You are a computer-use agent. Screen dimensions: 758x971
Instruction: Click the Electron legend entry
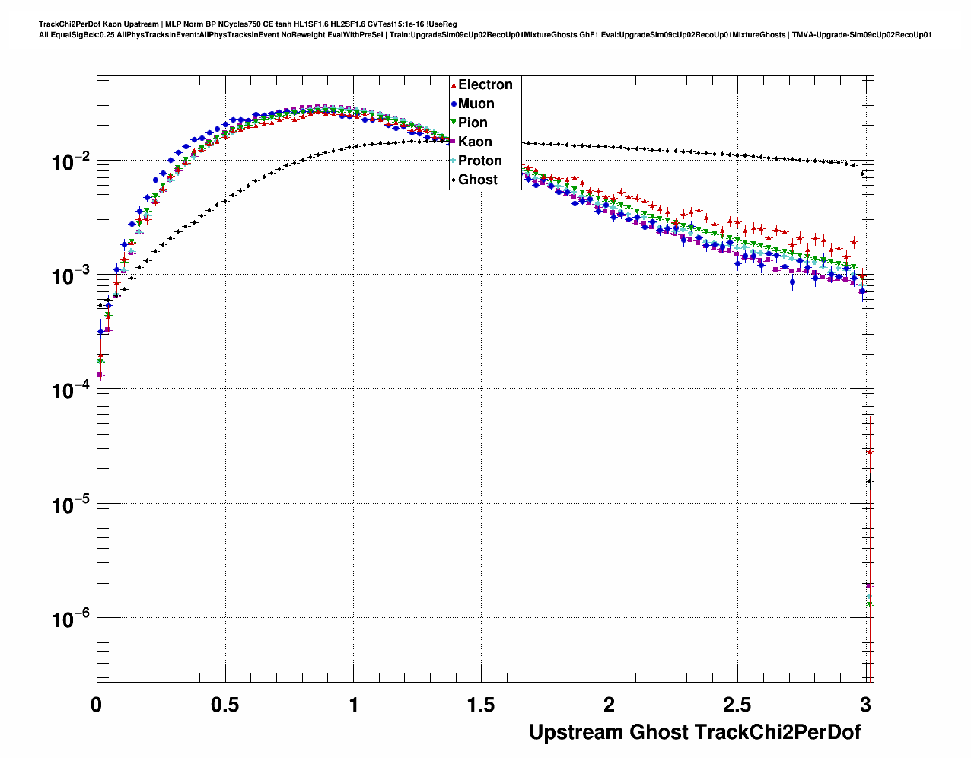tap(485, 84)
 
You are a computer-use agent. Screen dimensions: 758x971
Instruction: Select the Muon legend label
tap(476, 104)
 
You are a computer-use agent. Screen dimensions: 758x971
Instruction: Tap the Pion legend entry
tap(473, 123)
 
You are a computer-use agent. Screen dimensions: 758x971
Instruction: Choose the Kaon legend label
tap(475, 142)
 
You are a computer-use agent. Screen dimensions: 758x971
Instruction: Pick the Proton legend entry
tap(479, 161)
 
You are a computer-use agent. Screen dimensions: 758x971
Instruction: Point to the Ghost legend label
tap(477, 180)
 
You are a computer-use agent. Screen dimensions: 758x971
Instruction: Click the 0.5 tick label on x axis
tap(224, 705)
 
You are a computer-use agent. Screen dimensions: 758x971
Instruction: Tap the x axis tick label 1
tap(354, 705)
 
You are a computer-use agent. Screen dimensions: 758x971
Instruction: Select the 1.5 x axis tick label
tap(481, 705)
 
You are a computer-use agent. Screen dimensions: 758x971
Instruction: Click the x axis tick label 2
tap(610, 705)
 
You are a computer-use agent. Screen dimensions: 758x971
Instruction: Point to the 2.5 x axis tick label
tap(737, 705)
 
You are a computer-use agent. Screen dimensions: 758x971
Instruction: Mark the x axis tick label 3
tap(865, 705)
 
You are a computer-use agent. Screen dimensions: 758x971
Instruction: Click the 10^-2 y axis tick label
tap(71, 161)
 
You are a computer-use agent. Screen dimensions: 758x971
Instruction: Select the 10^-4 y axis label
tap(71, 390)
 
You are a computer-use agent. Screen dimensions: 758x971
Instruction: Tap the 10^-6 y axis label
tap(71, 619)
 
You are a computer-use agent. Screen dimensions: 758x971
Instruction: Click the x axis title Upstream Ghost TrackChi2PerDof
tap(695, 732)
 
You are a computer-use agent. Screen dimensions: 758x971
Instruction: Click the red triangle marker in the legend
tap(454, 84)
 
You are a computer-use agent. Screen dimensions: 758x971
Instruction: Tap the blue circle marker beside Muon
tap(454, 104)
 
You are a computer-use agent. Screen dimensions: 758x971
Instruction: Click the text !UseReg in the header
tap(442, 24)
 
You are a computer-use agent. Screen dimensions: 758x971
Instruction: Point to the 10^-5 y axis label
tap(71, 505)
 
